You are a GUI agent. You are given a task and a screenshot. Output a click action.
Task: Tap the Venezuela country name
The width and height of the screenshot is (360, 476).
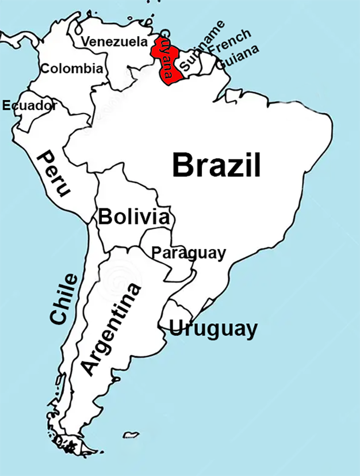click(x=114, y=41)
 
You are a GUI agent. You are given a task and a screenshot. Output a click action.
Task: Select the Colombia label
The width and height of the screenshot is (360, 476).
click(x=72, y=69)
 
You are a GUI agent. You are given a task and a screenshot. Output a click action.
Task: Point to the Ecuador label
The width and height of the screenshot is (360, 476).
click(x=29, y=105)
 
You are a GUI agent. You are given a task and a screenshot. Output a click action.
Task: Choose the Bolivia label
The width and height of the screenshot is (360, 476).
click(x=134, y=217)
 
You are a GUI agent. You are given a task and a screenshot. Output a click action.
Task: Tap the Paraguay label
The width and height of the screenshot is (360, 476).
click(x=188, y=253)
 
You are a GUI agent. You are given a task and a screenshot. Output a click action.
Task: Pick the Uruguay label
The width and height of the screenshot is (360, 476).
click(x=213, y=329)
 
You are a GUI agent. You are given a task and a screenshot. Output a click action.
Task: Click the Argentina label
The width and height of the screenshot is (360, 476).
click(x=111, y=329)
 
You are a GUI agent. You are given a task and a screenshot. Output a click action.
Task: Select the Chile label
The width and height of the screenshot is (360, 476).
click(x=63, y=299)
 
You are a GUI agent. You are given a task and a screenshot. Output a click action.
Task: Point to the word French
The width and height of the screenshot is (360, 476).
click(x=229, y=41)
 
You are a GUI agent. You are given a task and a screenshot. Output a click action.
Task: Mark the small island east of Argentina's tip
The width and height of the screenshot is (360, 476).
click(x=132, y=434)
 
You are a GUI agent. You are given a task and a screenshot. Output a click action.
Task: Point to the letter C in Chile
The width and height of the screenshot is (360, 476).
click(x=58, y=317)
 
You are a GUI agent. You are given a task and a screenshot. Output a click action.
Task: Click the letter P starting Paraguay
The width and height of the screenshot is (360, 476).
click(x=155, y=252)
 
